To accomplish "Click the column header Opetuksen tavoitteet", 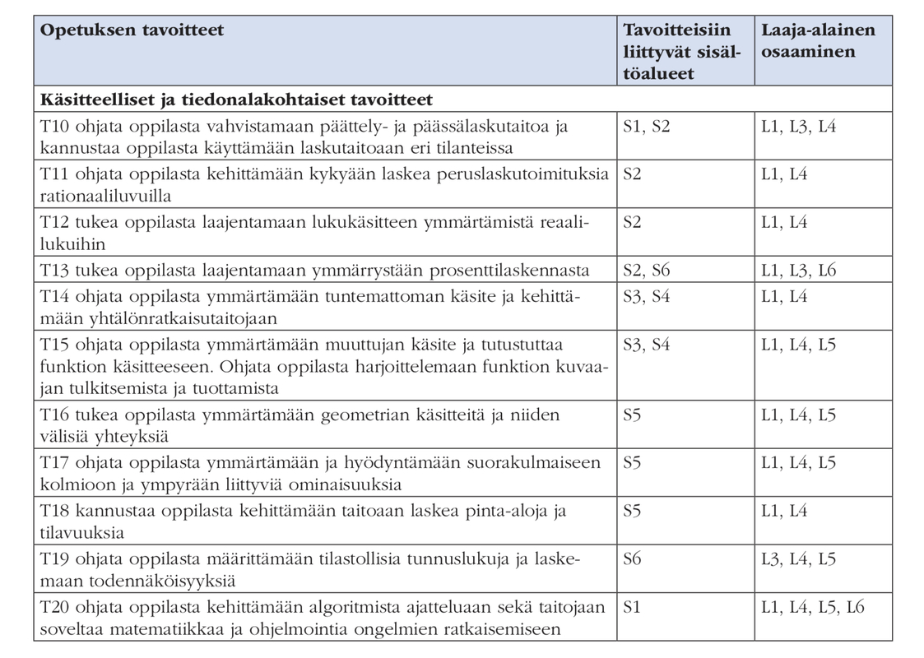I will click(132, 30).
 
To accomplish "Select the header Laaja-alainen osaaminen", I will click(818, 41).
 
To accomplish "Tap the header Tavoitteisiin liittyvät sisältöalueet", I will click(676, 52).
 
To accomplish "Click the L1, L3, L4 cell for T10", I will click(799, 127).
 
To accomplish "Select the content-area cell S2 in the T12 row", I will click(632, 223).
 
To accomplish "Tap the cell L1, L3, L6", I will click(799, 270).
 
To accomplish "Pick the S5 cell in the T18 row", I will click(632, 511).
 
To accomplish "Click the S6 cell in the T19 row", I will click(632, 558).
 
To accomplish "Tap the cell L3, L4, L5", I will click(799, 558).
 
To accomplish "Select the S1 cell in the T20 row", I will click(632, 607).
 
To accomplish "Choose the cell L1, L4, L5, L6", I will click(814, 607).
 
